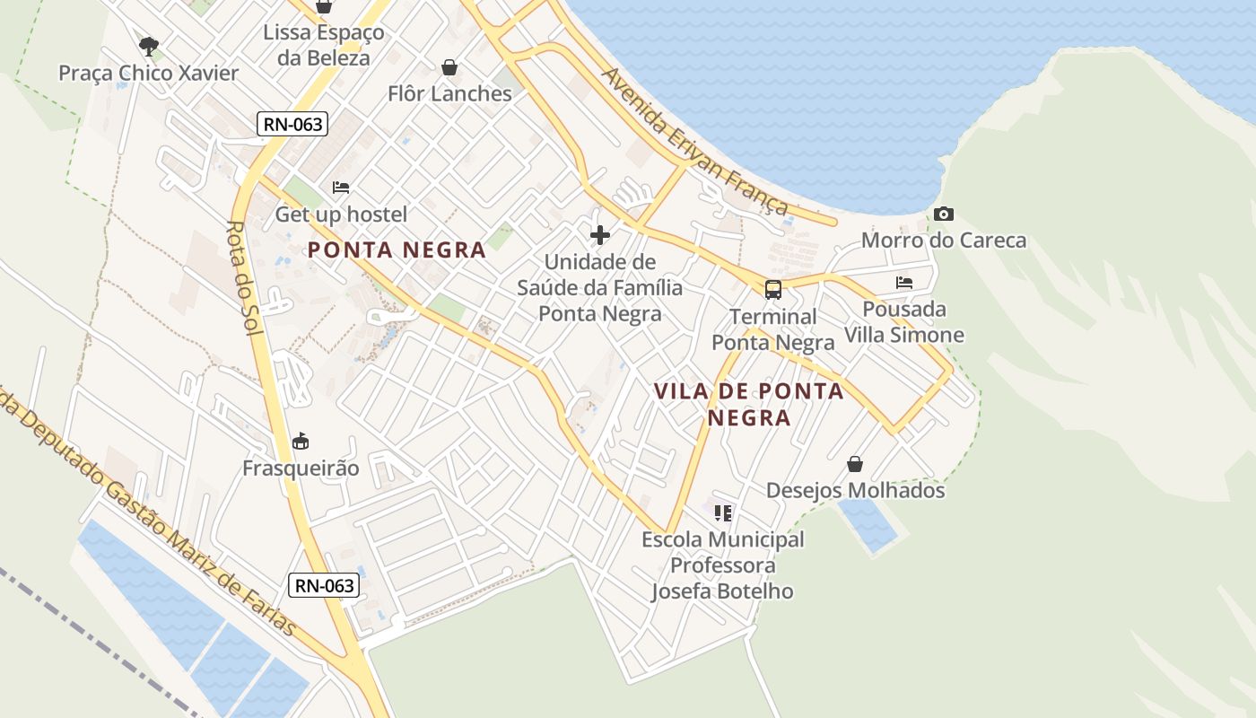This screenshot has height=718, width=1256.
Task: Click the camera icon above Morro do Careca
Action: (943, 214)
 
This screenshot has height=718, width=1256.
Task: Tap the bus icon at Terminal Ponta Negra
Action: (772, 289)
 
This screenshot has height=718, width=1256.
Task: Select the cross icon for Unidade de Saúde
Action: (599, 235)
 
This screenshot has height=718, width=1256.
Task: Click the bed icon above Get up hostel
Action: (341, 188)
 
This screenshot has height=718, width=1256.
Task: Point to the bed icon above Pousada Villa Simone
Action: (903, 283)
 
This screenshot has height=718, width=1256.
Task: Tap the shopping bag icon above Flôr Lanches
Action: (449, 67)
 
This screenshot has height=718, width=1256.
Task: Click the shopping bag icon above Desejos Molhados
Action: (855, 464)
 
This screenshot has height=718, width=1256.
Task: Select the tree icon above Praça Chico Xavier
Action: (149, 45)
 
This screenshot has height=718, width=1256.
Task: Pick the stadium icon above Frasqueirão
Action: (301, 442)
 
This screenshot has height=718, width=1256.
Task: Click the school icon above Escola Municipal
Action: (722, 512)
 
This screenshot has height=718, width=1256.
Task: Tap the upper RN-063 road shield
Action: (292, 124)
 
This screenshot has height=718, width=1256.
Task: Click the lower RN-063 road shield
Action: (325, 586)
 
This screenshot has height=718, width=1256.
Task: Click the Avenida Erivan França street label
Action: (695, 142)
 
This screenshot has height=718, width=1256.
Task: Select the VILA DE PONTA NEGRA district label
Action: (749, 404)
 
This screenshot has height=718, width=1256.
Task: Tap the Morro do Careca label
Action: (944, 241)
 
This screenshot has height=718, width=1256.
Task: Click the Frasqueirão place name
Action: (301, 468)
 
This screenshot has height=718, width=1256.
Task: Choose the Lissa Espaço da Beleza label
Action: (324, 46)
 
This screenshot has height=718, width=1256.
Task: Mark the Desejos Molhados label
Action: (855, 491)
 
